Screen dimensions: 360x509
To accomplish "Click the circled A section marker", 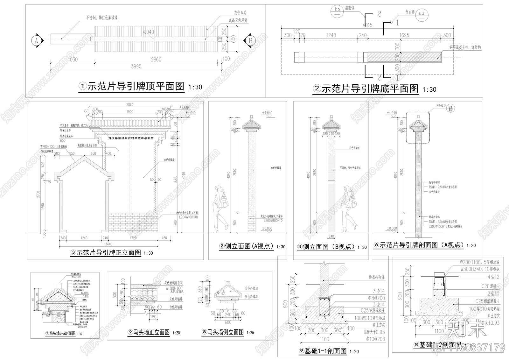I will [37, 40].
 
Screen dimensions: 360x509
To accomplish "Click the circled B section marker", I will [250, 40].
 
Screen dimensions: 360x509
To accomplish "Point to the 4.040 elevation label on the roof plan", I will [148, 32].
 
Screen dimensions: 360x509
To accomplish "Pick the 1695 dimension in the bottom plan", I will [404, 35].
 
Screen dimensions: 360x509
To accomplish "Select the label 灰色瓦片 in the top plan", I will [240, 13].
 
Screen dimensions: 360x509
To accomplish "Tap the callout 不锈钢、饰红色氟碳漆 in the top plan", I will [101, 18].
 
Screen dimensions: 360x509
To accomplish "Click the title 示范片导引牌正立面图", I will [108, 253].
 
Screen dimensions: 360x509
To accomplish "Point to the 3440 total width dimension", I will [108, 244].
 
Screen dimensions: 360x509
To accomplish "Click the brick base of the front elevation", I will [133, 222].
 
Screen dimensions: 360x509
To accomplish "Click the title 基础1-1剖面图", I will [325, 351].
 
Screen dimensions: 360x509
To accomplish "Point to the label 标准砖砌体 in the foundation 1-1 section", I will [377, 277].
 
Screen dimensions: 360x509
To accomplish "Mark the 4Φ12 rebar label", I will [493, 277].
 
